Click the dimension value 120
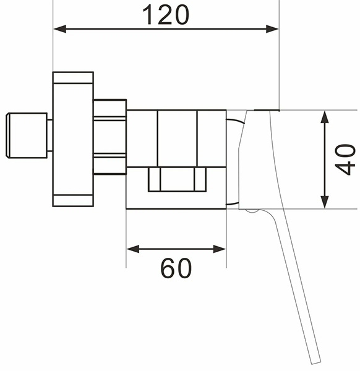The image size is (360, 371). (166, 15)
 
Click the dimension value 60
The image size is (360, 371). (176, 268)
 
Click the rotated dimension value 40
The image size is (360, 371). (345, 160)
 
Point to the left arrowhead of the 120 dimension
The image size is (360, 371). (60, 29)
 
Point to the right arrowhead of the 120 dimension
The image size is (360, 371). (272, 29)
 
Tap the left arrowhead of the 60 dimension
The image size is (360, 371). (133, 249)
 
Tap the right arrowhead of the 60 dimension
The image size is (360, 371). (219, 249)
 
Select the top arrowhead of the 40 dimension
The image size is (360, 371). (325, 117)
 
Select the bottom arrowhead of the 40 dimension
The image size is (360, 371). (325, 202)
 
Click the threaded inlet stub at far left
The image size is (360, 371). (26, 135)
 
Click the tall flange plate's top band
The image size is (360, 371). (73, 78)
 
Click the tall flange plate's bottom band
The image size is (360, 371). (73, 200)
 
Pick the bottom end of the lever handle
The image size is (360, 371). (315, 362)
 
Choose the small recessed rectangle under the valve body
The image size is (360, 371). (177, 179)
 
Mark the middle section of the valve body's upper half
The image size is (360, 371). (177, 139)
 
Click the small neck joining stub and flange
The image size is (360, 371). (49, 135)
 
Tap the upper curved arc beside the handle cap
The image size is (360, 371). (235, 121)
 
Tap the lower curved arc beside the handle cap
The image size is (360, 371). (233, 203)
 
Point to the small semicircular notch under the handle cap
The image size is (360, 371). (252, 211)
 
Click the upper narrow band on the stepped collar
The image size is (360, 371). (109, 119)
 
